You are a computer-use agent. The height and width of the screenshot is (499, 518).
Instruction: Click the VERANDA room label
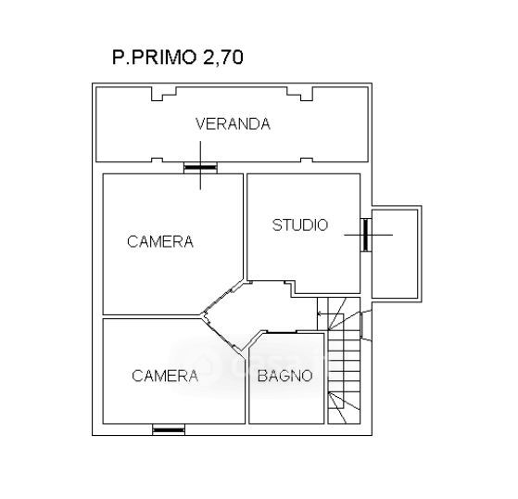(233, 124)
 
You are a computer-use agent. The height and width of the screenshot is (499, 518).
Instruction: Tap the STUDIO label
(300, 224)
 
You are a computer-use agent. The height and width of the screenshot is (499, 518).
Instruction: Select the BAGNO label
(284, 376)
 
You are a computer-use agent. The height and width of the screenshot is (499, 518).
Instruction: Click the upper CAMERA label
(160, 241)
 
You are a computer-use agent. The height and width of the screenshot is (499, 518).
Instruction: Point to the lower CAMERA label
(165, 376)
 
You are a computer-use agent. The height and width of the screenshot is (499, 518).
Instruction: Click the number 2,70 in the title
(223, 58)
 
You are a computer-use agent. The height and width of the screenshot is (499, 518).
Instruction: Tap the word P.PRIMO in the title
(154, 58)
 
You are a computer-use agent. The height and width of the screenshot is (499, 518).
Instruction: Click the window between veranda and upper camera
(200, 168)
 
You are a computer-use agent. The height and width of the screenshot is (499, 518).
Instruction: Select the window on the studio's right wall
(366, 235)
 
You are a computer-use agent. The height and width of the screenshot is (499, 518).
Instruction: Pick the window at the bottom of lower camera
(169, 429)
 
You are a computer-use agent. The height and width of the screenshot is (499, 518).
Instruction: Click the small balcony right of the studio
(395, 253)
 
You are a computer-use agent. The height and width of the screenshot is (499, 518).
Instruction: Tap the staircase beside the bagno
(344, 361)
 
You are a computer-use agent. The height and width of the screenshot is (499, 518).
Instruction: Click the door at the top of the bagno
(282, 331)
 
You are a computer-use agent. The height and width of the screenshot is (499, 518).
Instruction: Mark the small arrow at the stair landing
(320, 313)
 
